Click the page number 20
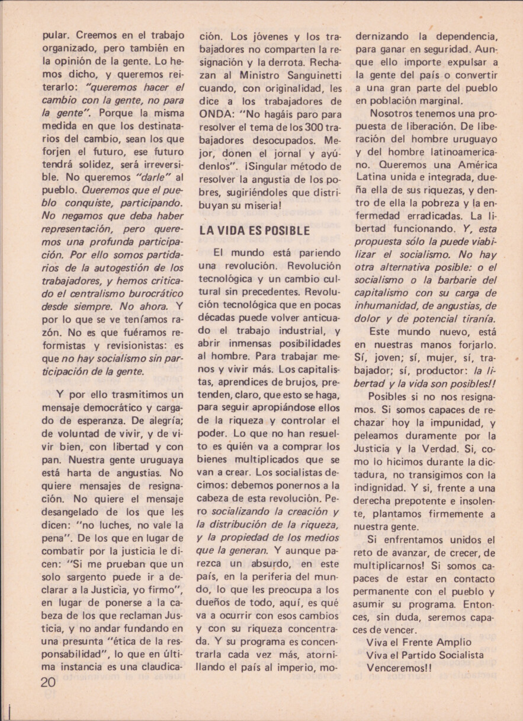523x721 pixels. tap(49, 682)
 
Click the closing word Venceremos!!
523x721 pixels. tap(400, 668)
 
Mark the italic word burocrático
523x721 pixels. tap(148, 293)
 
